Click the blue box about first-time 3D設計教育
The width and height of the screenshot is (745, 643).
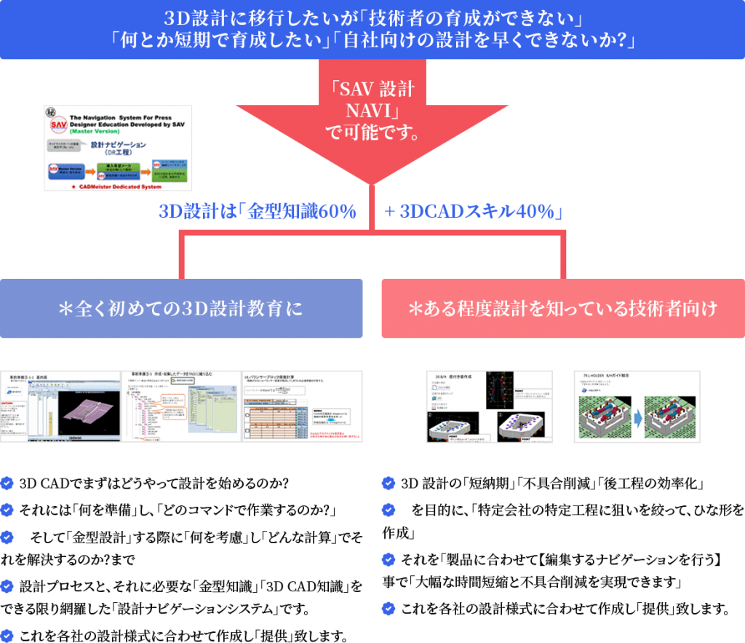click(181, 308)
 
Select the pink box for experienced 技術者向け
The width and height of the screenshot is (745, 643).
click(563, 308)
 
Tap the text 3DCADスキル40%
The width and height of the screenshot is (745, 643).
click(479, 212)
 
